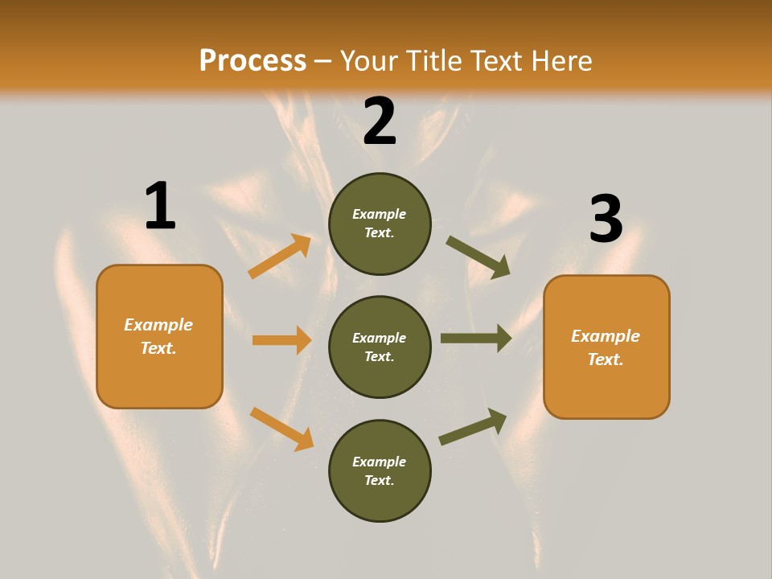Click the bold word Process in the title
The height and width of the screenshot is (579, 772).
point(253,61)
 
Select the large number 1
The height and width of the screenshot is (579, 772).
point(160,206)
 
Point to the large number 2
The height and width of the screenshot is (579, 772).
point(380,121)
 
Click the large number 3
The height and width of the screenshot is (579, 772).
point(606,220)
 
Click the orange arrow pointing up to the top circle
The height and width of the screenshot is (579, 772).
point(279,257)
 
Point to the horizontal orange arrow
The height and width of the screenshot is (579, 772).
point(281,340)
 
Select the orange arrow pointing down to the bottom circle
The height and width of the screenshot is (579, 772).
point(281,428)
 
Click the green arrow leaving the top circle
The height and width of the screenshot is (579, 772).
point(478,257)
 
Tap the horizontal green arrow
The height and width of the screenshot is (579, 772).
point(475,339)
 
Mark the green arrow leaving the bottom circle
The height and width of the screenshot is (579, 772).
point(473,426)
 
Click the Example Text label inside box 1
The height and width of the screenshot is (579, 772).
point(158,336)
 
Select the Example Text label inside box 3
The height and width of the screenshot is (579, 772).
point(606,347)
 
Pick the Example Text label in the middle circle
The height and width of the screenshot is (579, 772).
point(380,347)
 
